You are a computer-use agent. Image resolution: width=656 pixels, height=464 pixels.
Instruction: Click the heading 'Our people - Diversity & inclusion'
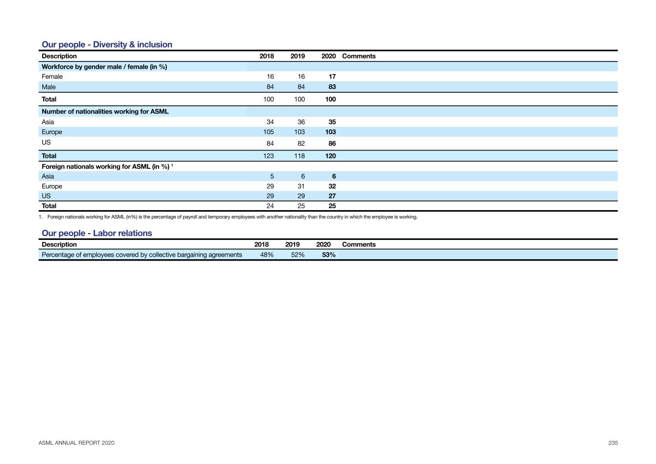pyautogui.click(x=107, y=45)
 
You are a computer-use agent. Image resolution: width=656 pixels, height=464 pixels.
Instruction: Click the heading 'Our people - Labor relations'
pyautogui.click(x=97, y=233)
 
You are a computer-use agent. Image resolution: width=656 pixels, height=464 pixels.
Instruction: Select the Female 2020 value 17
pyautogui.click(x=332, y=76)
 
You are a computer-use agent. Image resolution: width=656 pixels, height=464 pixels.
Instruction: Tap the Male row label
pyautogui.click(x=49, y=87)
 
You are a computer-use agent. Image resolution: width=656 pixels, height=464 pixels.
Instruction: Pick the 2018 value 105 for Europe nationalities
pyautogui.click(x=268, y=132)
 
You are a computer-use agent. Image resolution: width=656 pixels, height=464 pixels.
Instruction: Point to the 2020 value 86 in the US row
pyautogui.click(x=332, y=143)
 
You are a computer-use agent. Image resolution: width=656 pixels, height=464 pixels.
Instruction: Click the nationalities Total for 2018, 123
pyautogui.click(x=268, y=156)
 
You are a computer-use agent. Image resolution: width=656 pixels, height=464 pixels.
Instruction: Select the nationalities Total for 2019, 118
pyautogui.click(x=299, y=156)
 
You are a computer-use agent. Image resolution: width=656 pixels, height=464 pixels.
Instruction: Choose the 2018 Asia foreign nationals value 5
pyautogui.click(x=272, y=176)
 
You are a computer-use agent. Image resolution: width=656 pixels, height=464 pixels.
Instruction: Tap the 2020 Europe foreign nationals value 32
pyautogui.click(x=332, y=186)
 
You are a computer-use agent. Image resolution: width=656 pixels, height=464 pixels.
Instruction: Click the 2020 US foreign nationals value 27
pyautogui.click(x=332, y=196)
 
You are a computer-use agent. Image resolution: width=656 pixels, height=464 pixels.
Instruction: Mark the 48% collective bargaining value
pyautogui.click(x=267, y=255)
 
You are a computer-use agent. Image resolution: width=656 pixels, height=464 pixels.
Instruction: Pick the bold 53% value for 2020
pyautogui.click(x=329, y=255)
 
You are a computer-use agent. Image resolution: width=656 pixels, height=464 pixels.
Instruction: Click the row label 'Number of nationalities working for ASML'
pyautogui.click(x=105, y=112)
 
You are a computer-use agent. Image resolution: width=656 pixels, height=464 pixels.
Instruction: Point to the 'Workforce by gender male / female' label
pyautogui.click(x=104, y=67)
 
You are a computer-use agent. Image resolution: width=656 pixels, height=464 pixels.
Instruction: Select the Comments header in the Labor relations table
pyautogui.click(x=359, y=244)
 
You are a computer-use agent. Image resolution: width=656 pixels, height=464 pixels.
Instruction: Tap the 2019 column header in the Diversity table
pyautogui.click(x=297, y=56)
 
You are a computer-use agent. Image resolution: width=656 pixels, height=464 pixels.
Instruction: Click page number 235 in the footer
pyautogui.click(x=613, y=443)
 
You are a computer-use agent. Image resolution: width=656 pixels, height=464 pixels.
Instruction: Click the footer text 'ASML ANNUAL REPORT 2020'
pyautogui.click(x=76, y=443)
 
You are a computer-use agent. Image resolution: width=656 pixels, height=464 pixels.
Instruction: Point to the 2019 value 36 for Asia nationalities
pyautogui.click(x=301, y=122)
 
